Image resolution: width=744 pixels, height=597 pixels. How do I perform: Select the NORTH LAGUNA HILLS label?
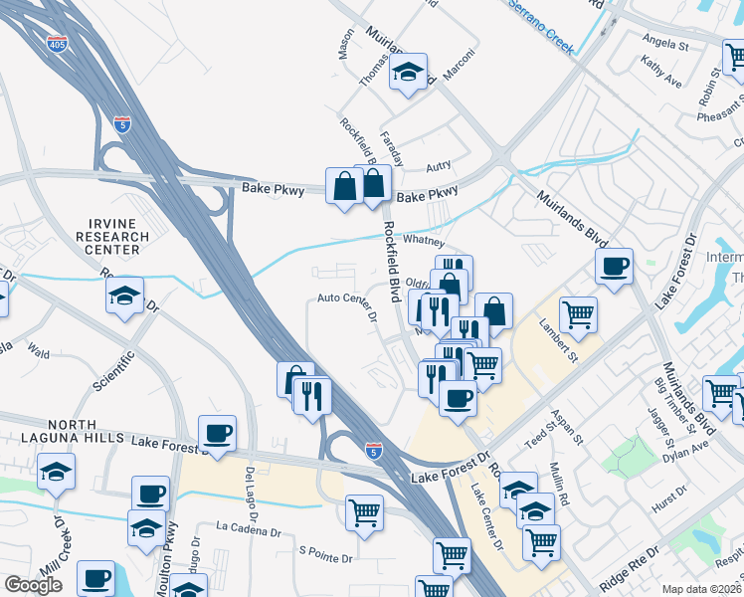(x=61, y=431)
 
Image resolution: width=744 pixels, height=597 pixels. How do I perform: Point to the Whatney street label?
(x=423, y=243)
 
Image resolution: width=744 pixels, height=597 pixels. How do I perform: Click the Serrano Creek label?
(x=542, y=25)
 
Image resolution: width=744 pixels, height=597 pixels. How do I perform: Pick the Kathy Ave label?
(x=661, y=76)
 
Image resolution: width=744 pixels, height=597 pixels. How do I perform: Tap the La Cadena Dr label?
(x=249, y=527)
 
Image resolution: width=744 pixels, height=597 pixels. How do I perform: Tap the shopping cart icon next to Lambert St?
(x=578, y=315)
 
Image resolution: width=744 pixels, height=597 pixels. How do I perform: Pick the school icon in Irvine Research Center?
(x=125, y=295)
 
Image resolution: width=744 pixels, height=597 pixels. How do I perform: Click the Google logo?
(x=33, y=585)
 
